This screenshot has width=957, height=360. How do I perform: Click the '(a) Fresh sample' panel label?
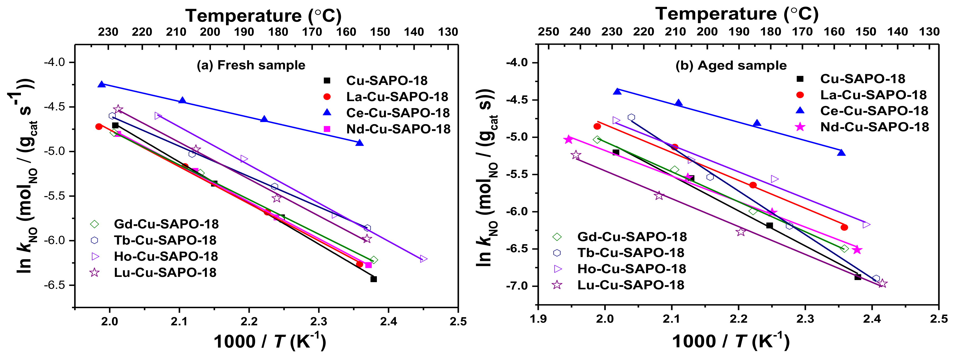coord(251,65)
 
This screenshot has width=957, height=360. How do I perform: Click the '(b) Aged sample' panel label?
coord(731,66)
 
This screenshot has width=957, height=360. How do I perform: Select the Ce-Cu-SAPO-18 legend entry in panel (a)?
coord(398,112)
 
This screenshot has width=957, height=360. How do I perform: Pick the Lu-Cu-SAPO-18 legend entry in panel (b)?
coord(630,285)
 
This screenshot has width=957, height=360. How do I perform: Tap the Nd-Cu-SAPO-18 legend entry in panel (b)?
coord(874,127)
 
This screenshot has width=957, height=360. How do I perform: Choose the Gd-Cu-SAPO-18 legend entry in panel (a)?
coord(166,224)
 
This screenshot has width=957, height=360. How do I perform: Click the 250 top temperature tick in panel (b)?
coord(548,32)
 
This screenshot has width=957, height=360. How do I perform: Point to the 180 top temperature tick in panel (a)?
coord(278,32)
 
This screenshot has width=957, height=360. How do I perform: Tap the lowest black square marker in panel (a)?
coord(374,279)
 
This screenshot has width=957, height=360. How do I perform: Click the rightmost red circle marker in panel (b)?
coord(844,227)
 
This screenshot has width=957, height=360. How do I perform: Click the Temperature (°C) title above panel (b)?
coord(737,14)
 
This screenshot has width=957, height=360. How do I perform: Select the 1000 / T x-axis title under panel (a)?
coord(270,341)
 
